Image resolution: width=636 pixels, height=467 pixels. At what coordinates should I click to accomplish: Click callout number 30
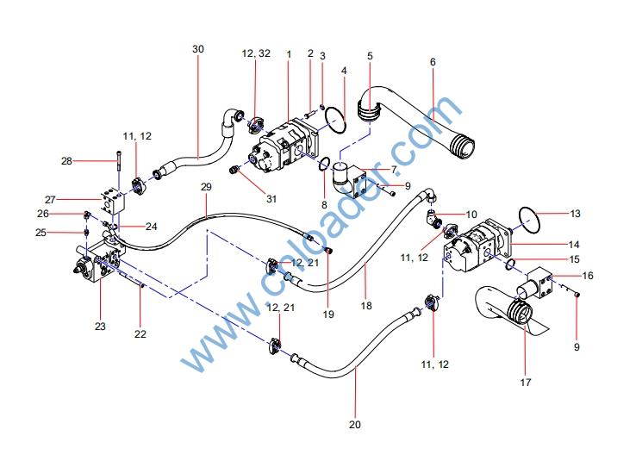click(197, 49)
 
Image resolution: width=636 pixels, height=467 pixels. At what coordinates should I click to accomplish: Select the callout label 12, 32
click(256, 53)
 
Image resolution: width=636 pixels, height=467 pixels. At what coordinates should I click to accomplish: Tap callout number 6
click(433, 62)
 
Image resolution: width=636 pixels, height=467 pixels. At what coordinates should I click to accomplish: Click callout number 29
click(206, 187)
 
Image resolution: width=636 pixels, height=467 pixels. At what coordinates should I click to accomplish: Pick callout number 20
click(356, 423)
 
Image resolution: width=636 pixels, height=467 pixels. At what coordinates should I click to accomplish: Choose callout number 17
click(525, 381)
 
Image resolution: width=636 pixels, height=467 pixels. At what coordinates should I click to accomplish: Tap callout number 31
click(271, 199)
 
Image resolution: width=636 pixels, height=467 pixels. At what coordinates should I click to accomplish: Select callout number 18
click(365, 305)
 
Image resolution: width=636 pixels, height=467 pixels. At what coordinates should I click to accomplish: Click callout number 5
click(370, 56)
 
